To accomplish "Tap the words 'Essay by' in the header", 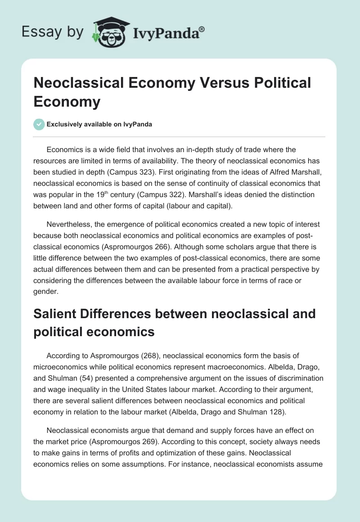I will coord(53,32).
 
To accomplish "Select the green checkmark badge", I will coord(39,124).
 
